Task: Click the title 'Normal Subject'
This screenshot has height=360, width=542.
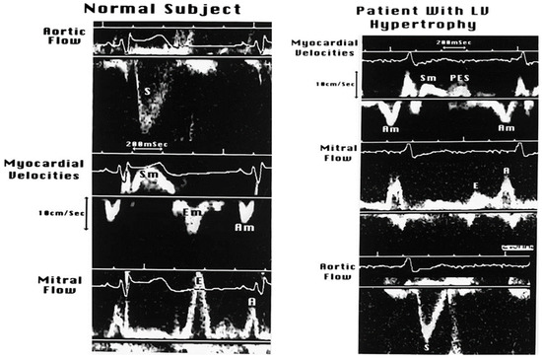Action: [x=164, y=10]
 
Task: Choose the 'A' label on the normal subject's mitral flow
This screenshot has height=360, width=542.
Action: [x=251, y=302]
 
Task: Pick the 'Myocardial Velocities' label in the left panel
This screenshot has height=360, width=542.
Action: [x=39, y=169]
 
